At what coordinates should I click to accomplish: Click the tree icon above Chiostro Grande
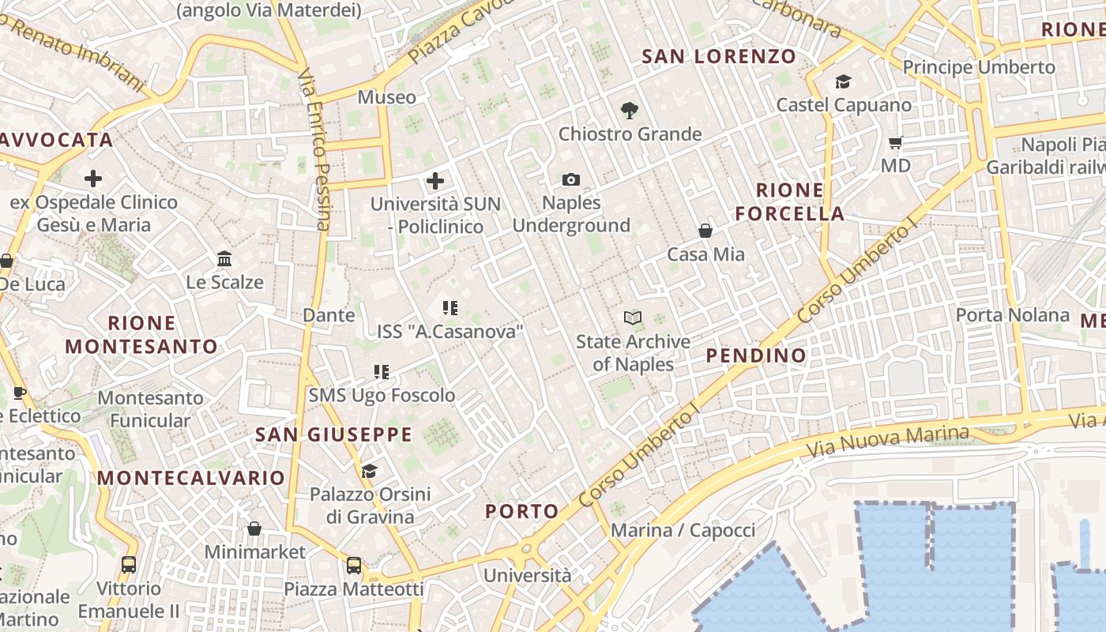[630, 111]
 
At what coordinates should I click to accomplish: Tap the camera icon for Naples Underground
[571, 180]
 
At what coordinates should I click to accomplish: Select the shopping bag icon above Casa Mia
[705, 231]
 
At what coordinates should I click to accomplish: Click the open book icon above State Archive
[633, 318]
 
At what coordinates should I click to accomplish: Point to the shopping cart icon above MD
[896, 143]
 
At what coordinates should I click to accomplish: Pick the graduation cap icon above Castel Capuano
[843, 81]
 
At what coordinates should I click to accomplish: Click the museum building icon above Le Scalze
[224, 258]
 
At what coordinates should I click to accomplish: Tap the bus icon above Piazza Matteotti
[354, 566]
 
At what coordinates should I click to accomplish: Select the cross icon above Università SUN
[435, 181]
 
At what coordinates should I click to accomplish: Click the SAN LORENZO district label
[719, 57]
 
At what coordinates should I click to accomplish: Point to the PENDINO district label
[756, 355]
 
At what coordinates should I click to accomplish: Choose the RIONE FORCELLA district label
[789, 201]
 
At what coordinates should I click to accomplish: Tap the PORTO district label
[522, 511]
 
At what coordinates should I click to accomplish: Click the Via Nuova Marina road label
[887, 442]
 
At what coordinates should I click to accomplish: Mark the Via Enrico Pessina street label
[314, 150]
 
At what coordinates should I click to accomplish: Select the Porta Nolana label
[1012, 315]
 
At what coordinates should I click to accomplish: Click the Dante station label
[329, 315]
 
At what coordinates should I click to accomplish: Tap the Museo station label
[386, 97]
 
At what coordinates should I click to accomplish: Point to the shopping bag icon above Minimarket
[254, 529]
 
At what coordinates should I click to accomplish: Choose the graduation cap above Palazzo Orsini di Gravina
[369, 472]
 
